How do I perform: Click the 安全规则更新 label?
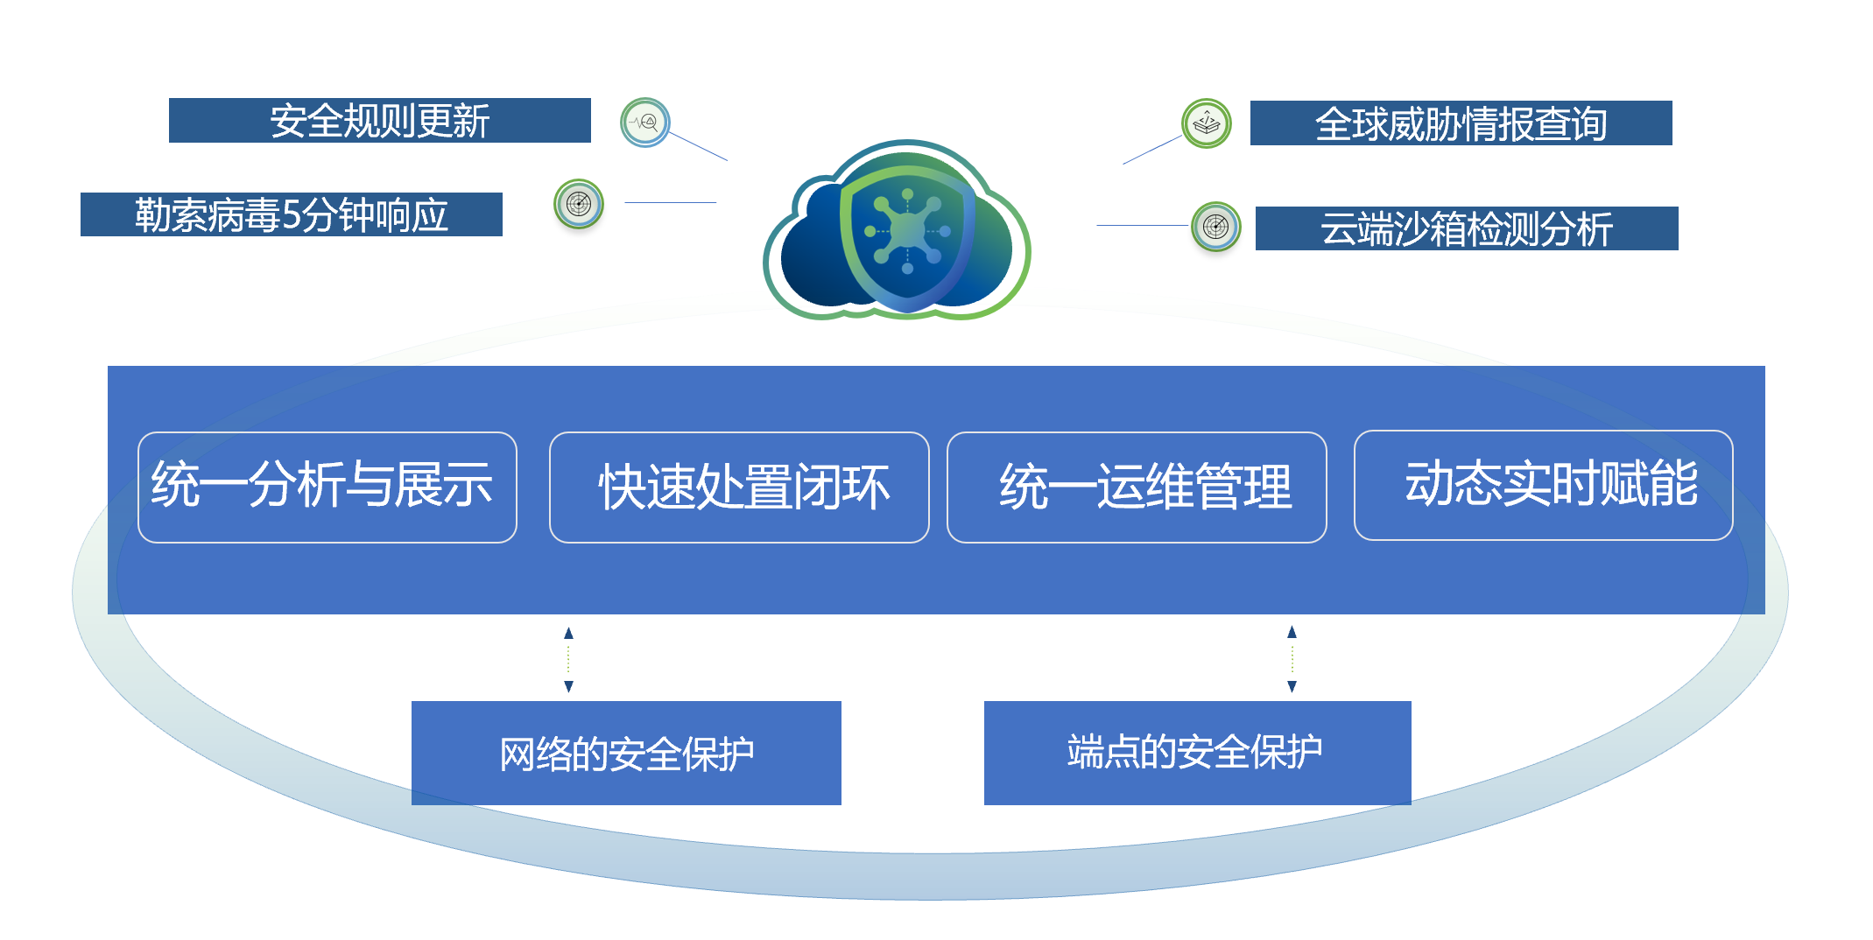point(379,121)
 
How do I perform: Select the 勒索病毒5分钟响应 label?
point(291,214)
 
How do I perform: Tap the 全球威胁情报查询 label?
point(1461,123)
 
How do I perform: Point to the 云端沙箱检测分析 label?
point(1467,228)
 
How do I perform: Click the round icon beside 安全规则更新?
point(645,123)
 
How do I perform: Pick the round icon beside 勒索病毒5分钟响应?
point(579,204)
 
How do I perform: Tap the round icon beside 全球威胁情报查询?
point(1207,123)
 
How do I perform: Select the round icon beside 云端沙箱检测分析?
point(1216,227)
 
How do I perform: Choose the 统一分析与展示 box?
point(327,488)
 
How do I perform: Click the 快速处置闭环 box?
point(739,488)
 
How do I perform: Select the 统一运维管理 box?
point(1137,488)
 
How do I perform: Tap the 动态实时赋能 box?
point(1544,485)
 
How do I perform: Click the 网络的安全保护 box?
point(626,753)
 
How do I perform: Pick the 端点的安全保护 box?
point(1198,753)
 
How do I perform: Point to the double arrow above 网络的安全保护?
point(568,660)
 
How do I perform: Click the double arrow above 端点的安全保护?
point(1292,659)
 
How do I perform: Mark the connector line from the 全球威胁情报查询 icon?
point(1152,150)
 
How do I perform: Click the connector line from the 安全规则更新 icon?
point(698,146)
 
